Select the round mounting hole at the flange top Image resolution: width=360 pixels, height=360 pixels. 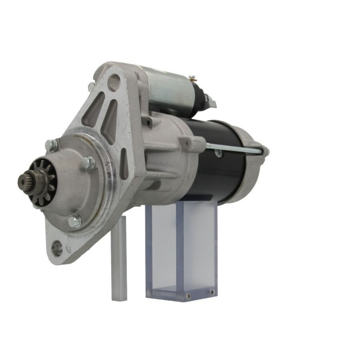click(114, 82)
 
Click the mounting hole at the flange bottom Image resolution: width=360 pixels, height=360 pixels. click(57, 247)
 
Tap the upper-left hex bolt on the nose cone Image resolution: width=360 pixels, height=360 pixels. click(52, 145)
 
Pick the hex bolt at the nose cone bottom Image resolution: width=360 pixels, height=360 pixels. click(75, 221)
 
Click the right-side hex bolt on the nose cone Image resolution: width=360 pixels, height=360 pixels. click(89, 164)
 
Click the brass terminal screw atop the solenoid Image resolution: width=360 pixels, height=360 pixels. click(192, 79)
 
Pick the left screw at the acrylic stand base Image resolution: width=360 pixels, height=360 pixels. click(188, 295)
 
